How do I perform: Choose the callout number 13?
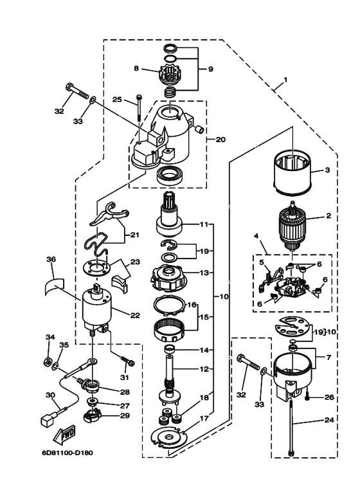(x=204, y=273)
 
